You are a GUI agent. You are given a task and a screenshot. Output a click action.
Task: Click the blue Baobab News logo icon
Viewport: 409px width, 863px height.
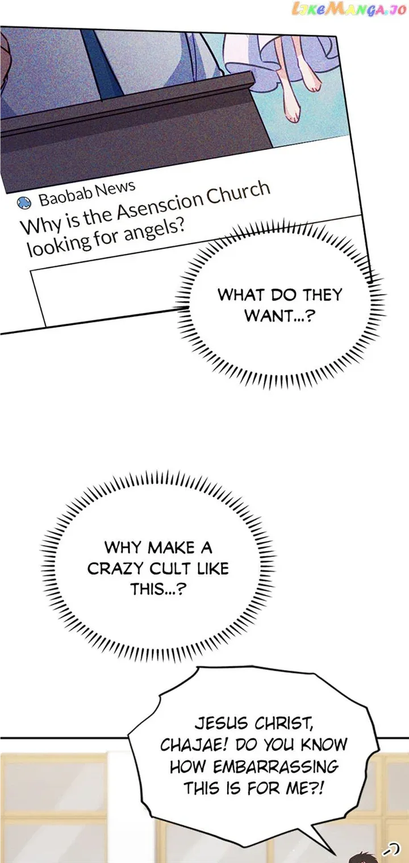(x=24, y=202)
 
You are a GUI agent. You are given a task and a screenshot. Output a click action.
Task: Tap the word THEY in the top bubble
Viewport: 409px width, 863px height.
(x=322, y=294)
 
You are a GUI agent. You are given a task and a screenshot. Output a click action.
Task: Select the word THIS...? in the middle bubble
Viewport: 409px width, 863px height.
(x=158, y=589)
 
